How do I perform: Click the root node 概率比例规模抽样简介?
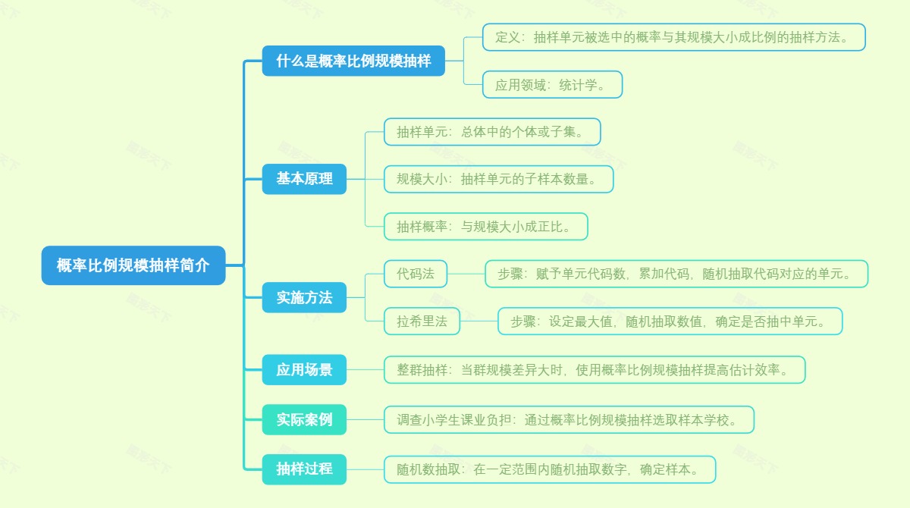point(133,265)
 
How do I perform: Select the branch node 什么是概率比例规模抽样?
point(353,61)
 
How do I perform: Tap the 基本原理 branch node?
point(304,179)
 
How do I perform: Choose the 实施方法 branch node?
point(304,297)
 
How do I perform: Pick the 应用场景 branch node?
point(304,370)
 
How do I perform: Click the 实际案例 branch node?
point(304,419)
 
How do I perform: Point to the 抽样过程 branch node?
point(304,469)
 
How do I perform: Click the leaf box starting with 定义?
point(673,37)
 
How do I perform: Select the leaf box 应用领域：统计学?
point(552,85)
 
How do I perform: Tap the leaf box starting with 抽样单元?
point(492,132)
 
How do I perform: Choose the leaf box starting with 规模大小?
point(498,179)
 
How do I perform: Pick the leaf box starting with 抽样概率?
point(485,226)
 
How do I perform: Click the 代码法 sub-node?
point(416,274)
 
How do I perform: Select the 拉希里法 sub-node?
point(422,321)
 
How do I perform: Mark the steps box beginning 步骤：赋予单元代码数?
point(676,274)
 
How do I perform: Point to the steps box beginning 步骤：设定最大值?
point(670,321)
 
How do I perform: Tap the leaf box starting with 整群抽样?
point(594,370)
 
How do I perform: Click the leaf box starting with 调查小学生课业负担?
point(569,419)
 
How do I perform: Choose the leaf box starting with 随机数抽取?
point(549,469)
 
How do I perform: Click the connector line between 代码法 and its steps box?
point(466,274)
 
